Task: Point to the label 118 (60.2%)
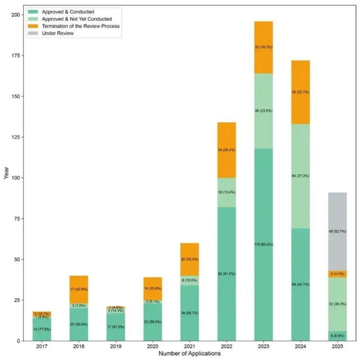(x=263, y=244)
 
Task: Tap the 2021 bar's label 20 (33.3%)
(x=189, y=260)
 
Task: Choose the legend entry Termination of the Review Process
(x=80, y=27)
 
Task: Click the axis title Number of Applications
(x=189, y=354)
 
